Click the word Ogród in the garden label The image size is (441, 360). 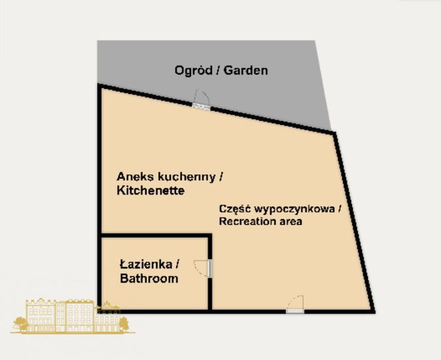point(192,70)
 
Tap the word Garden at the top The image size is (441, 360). point(246,70)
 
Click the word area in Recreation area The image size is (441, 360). point(290,222)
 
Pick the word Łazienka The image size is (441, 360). point(147,265)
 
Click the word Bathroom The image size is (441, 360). point(149,279)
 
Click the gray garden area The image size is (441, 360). point(275,92)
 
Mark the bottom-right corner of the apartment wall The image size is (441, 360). point(374,310)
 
